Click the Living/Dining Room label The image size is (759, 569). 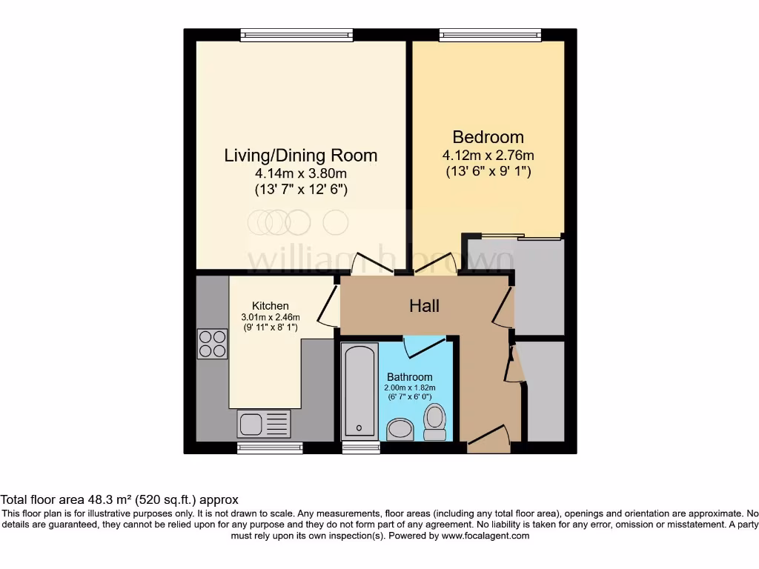[x=300, y=156]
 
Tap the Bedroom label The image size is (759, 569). [x=488, y=137]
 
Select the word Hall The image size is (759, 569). [x=425, y=306]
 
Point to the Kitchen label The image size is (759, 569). [x=270, y=306]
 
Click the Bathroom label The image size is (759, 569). [x=409, y=377]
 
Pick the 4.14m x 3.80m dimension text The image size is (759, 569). [x=300, y=174]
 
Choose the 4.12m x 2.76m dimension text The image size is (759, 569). [x=488, y=156]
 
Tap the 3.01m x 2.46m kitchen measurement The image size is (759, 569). [x=270, y=317]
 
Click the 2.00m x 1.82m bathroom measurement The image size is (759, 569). [x=409, y=387]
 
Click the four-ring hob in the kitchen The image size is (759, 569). [x=213, y=344]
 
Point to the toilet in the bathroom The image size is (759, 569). [x=434, y=420]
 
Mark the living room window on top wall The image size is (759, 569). [x=296, y=34]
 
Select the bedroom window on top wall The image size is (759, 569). [x=490, y=34]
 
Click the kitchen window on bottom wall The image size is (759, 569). [x=270, y=447]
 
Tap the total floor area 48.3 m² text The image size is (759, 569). [x=119, y=500]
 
